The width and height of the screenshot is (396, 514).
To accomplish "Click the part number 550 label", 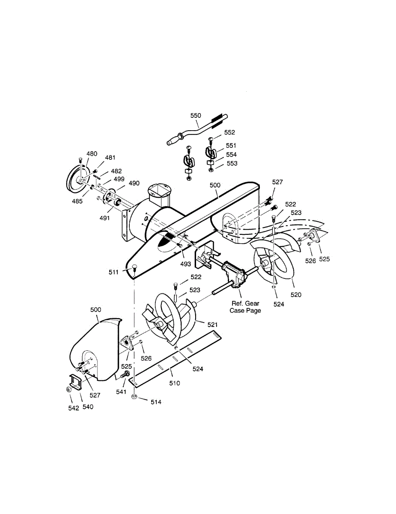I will [x=196, y=116].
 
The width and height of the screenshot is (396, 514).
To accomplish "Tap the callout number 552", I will [x=229, y=133].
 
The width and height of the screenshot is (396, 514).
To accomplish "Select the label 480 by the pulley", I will [x=92, y=154].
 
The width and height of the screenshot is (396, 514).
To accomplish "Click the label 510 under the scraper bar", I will [x=174, y=383].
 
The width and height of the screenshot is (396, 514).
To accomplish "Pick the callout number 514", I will [x=156, y=402].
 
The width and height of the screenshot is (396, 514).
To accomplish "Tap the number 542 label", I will [x=74, y=408].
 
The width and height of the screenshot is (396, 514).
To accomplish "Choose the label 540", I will [x=87, y=406].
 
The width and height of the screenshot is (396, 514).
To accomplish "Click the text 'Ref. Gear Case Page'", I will [x=245, y=307].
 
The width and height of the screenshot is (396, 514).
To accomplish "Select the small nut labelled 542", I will [x=68, y=389].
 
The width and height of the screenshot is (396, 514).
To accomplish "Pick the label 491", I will [x=105, y=218].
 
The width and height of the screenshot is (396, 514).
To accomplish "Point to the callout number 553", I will [x=232, y=163].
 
